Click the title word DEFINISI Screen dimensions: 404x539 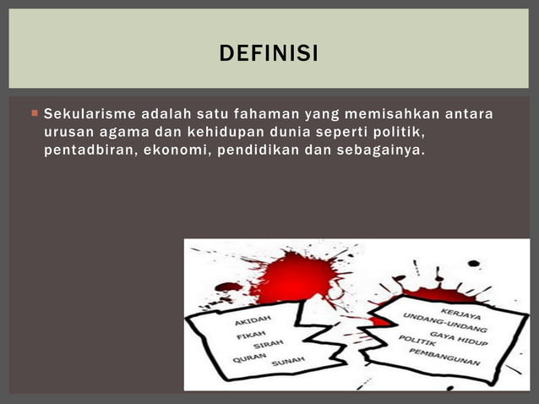coord(269,55)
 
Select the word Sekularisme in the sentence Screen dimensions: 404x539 coord(90,113)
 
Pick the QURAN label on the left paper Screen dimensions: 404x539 coord(249,358)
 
